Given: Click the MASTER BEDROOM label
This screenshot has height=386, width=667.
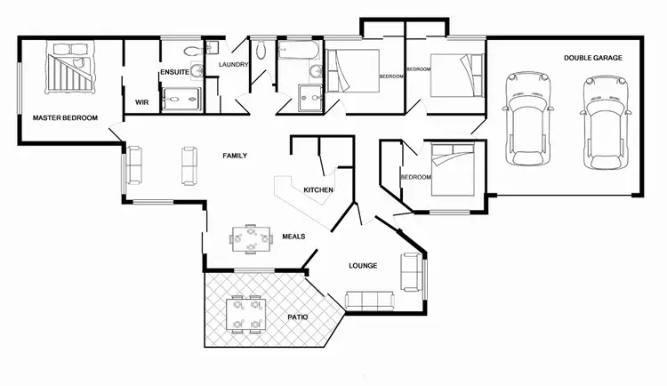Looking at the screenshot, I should pyautogui.click(x=65, y=117).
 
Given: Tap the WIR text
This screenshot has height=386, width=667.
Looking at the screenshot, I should pyautogui.click(x=141, y=102).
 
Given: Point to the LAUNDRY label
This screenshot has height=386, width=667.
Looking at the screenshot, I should pyautogui.click(x=233, y=65).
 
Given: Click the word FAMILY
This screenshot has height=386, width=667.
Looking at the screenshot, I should pyautogui.click(x=234, y=156).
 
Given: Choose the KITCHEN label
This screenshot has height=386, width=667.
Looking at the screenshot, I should pyautogui.click(x=317, y=190).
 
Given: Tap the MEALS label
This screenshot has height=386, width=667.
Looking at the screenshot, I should pyautogui.click(x=293, y=237).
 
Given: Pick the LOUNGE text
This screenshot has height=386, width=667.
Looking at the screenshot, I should pyautogui.click(x=363, y=266).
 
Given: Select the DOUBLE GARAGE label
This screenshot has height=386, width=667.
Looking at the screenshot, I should pyautogui.click(x=592, y=58).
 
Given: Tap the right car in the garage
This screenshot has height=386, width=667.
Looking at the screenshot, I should pyautogui.click(x=601, y=123).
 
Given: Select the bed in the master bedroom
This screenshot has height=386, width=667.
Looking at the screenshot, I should pyautogui.click(x=70, y=70).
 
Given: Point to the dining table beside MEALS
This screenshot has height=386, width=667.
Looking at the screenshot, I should pyautogui.click(x=250, y=238).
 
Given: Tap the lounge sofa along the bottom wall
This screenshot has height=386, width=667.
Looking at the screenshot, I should pyautogui.click(x=368, y=300).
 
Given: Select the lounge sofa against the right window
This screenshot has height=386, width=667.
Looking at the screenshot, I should pyautogui.click(x=413, y=272).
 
